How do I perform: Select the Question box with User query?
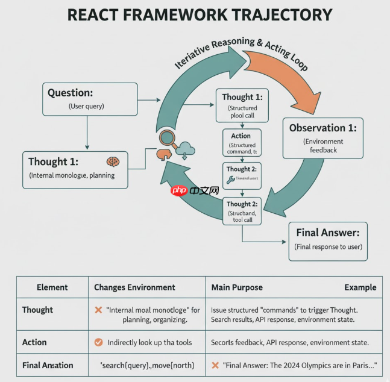pos(87,99)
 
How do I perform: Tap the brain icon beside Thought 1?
pos(113,161)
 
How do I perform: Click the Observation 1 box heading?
pos(322,128)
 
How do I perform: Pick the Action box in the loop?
pos(241,143)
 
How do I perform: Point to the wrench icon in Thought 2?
pos(230,179)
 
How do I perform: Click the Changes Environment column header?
pos(134,287)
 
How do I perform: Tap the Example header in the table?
pos(360,287)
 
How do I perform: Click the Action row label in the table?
pos(34,342)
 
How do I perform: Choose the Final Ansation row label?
pos(48,365)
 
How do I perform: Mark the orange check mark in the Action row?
pos(98,342)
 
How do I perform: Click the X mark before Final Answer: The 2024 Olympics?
pos(215,365)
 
